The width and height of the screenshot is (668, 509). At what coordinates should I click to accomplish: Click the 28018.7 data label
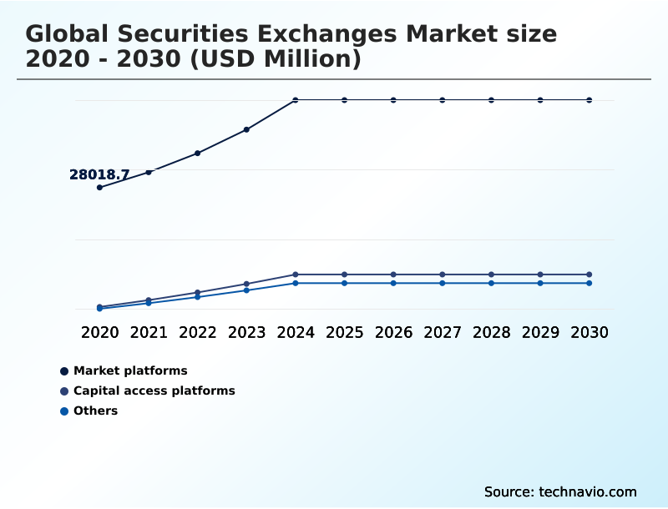click(99, 175)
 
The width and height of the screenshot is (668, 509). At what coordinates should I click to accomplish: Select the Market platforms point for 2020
click(99, 187)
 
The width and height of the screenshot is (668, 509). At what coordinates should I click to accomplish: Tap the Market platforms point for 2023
click(246, 129)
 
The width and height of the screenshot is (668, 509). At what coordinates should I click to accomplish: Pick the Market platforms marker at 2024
click(296, 100)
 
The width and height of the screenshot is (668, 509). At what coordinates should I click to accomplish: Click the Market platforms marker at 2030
click(590, 100)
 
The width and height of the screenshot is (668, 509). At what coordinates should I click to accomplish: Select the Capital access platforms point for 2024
click(296, 275)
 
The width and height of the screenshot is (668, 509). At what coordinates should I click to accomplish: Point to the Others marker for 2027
click(443, 283)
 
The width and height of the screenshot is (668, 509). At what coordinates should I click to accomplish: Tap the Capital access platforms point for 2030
click(590, 275)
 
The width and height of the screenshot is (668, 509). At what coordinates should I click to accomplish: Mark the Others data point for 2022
click(198, 296)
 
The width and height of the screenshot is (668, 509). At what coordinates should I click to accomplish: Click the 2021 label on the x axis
click(149, 332)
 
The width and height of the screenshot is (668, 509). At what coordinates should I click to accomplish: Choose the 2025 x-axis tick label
click(344, 332)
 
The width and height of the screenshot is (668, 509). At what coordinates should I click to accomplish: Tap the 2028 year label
click(491, 332)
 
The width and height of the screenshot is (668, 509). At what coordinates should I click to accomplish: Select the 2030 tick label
click(590, 332)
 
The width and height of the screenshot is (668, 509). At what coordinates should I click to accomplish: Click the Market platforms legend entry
click(130, 370)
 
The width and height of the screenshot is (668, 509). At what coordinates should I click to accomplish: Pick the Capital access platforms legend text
click(154, 391)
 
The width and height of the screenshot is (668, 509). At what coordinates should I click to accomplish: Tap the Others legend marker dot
click(64, 411)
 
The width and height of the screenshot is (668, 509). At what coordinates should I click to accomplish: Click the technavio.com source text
click(588, 491)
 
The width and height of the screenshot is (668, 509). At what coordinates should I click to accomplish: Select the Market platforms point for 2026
click(393, 100)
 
